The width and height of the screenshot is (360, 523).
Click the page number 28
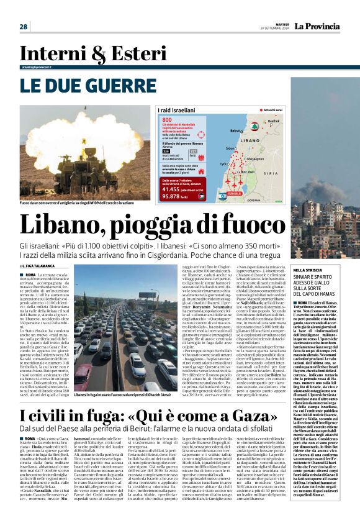[x=24, y=27]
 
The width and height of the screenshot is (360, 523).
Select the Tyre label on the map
[x=222, y=163]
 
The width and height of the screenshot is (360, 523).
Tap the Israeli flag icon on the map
[x=223, y=196]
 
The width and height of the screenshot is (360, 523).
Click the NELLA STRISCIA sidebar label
[x=305, y=253]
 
